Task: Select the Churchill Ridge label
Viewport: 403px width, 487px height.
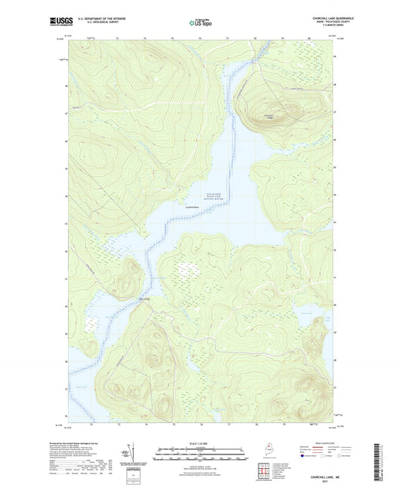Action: coord(268,116)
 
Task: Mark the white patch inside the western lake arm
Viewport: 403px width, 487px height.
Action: coord(92,323)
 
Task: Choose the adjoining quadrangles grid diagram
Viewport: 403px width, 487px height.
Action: coord(260,473)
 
